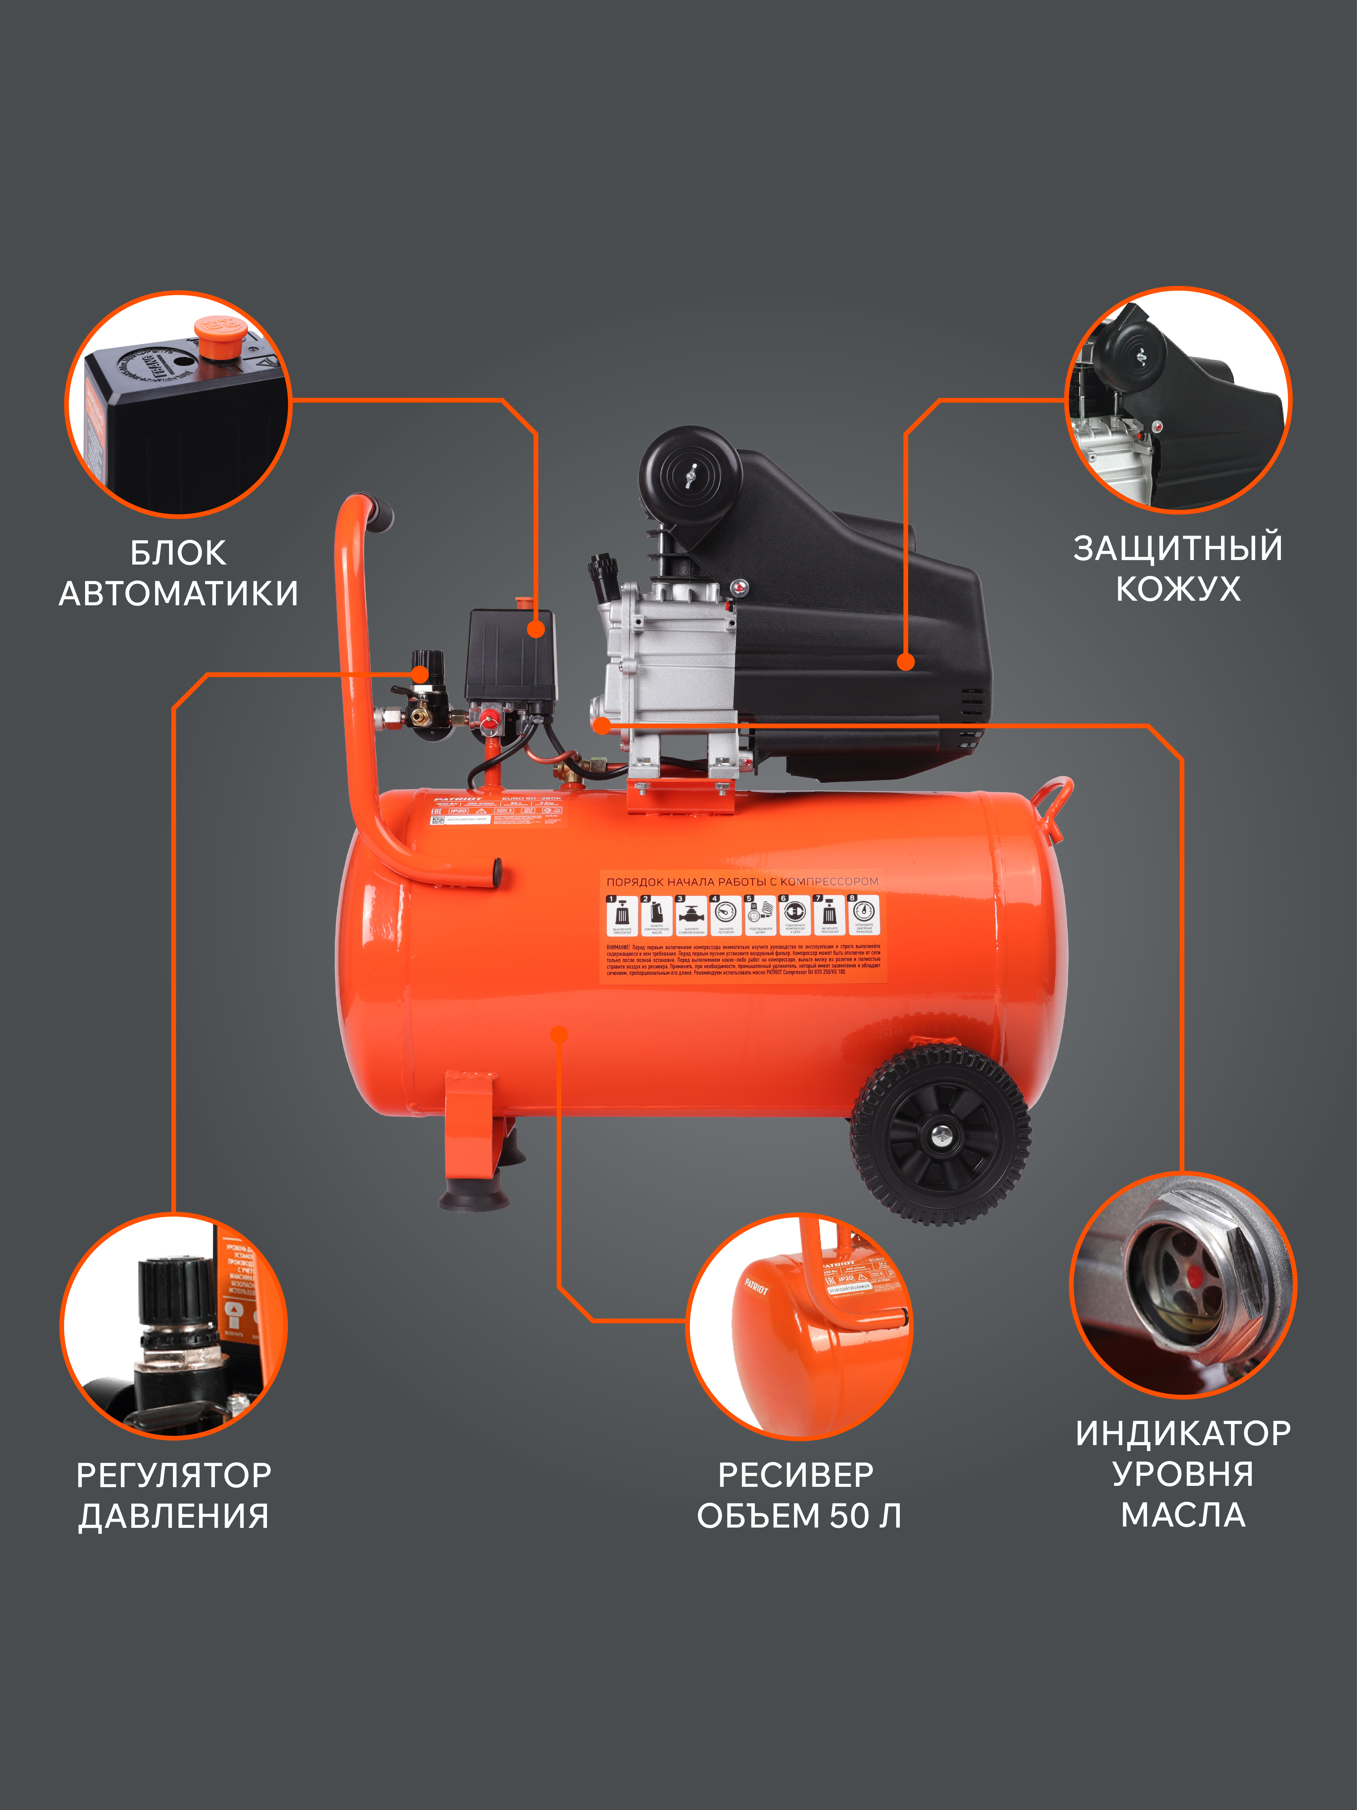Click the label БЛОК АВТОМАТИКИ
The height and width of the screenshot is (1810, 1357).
tap(178, 573)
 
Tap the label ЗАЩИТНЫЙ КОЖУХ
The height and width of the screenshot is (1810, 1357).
tap(1178, 568)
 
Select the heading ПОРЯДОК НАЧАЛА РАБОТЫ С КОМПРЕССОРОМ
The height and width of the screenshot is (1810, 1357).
tap(742, 881)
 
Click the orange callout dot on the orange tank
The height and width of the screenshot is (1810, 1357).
tap(559, 1035)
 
